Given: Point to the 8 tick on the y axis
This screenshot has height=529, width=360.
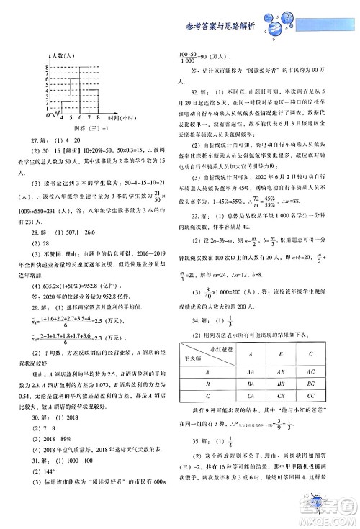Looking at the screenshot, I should tap(47, 67).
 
